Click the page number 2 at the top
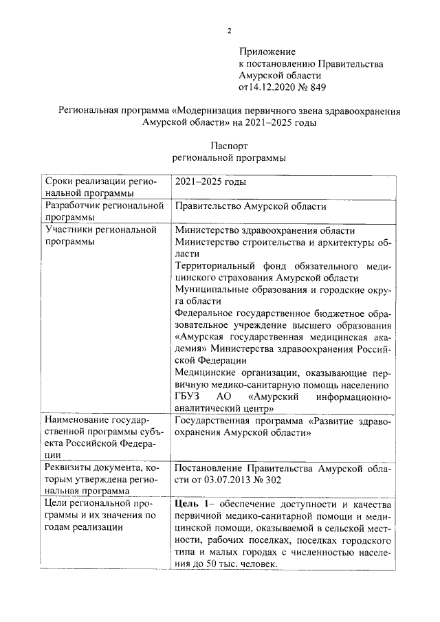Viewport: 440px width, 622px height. click(x=230, y=30)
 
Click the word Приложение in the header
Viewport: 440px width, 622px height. click(x=267, y=52)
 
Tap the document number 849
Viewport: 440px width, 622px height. click(x=316, y=87)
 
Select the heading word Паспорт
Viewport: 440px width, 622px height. click(x=229, y=146)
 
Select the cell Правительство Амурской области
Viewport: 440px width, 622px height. click(x=250, y=206)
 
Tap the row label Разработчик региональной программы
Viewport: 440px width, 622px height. click(x=103, y=211)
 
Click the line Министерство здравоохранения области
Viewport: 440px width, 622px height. click(x=265, y=230)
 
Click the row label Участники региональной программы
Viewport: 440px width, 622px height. click(x=100, y=236)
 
